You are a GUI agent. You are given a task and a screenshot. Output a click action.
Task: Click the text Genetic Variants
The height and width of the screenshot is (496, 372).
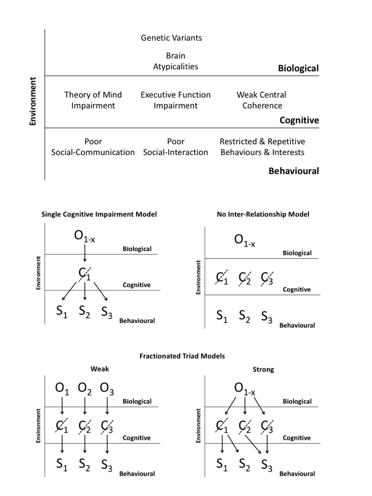click(x=172, y=38)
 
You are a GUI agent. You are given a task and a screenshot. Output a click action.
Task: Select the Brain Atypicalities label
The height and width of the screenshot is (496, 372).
click(x=176, y=61)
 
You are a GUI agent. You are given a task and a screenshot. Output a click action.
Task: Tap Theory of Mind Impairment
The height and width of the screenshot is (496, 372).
click(x=93, y=100)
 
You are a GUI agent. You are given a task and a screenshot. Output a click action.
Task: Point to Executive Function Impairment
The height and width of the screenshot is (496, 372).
click(x=176, y=100)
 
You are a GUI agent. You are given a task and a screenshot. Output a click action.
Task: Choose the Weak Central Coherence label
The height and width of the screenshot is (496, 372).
click(x=261, y=100)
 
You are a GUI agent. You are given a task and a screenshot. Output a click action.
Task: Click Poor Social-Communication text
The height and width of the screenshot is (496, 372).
click(x=93, y=147)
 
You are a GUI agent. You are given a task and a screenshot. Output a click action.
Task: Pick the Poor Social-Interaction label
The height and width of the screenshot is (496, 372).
click(x=176, y=147)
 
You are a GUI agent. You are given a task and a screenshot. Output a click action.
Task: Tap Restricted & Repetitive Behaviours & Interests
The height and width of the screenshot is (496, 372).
click(x=262, y=147)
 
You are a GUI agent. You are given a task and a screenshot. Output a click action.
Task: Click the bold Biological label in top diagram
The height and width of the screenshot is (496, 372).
click(x=298, y=68)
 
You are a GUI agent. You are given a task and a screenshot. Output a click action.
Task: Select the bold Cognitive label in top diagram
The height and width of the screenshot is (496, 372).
click(x=299, y=120)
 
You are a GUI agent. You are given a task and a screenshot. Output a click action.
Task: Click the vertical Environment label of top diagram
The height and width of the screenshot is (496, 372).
click(x=33, y=101)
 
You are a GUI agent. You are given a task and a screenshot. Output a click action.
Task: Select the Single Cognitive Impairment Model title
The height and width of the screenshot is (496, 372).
click(x=99, y=214)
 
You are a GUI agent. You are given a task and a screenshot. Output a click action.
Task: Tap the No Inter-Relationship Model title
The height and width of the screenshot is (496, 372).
click(x=263, y=214)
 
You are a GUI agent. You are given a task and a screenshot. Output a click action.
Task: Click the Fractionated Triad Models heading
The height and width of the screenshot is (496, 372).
click(x=182, y=356)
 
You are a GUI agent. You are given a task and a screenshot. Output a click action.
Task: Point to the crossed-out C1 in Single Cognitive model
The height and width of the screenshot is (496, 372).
click(x=85, y=274)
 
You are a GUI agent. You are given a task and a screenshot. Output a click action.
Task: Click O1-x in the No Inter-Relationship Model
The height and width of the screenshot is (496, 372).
click(x=244, y=239)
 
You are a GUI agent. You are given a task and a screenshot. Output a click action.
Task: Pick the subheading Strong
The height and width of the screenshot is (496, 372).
click(x=263, y=369)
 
